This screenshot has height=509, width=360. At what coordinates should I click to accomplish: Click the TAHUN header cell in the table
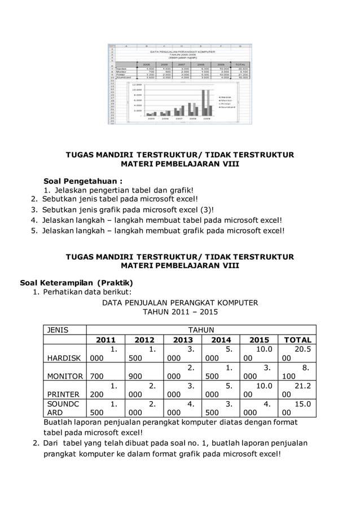(x=201, y=330)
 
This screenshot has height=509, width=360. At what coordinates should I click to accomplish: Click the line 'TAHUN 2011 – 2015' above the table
(x=179, y=312)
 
